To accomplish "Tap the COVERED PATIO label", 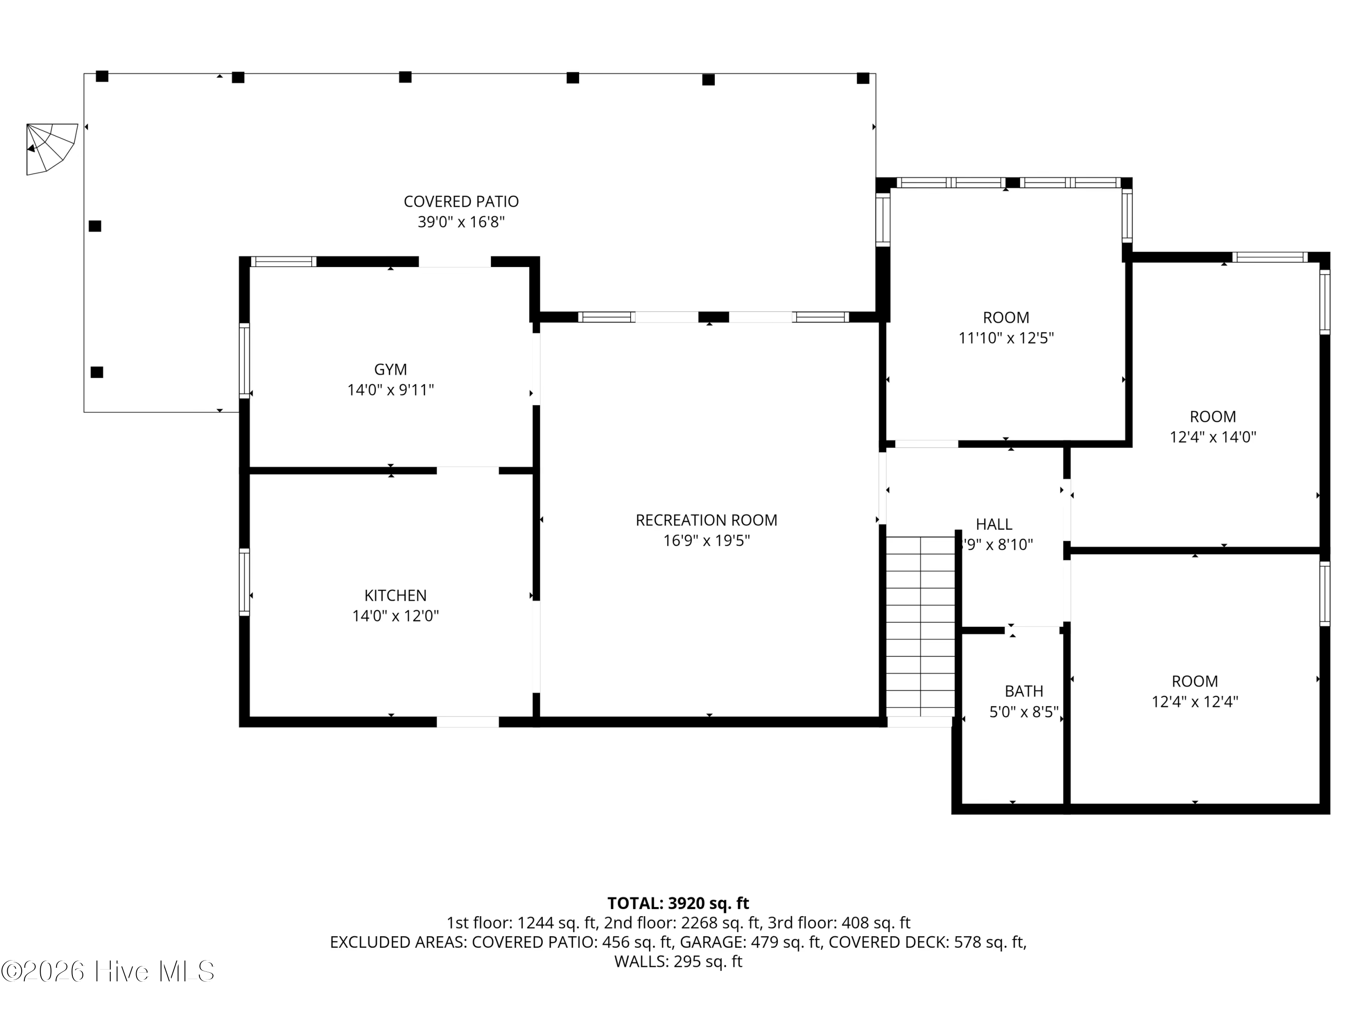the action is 461,201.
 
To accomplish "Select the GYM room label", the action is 391,369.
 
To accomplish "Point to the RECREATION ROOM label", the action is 707,520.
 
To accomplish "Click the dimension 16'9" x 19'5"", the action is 707,541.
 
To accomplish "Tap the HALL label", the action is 994,525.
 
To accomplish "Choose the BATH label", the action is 1024,691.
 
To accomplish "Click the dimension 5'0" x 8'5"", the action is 1025,712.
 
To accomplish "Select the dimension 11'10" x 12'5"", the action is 1006,338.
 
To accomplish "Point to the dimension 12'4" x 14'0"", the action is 1213,438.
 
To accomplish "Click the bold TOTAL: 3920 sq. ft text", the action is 678,903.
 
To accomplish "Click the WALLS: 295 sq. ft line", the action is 678,961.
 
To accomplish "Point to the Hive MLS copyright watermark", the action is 108,971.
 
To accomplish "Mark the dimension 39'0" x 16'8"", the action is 461,222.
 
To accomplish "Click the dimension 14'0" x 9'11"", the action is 391,390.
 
